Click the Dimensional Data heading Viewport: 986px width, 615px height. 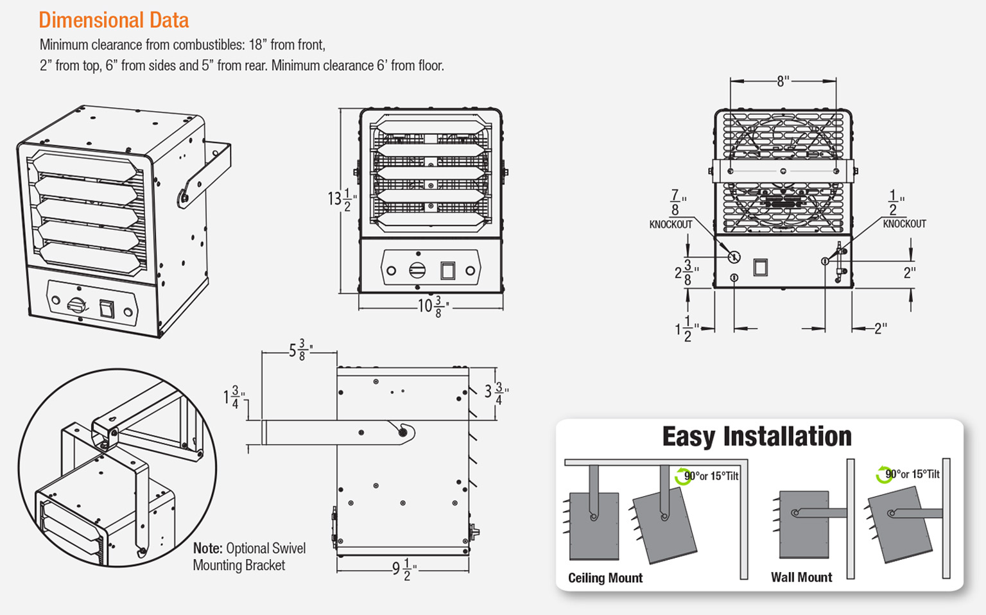tap(114, 21)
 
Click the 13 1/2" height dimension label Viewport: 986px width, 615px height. tap(340, 200)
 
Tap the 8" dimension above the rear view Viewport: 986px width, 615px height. tap(783, 82)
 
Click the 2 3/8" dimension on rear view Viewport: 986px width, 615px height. tap(685, 272)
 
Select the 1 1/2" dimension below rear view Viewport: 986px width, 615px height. tap(685, 329)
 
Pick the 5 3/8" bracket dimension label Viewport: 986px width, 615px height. tap(300, 351)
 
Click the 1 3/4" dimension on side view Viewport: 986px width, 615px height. tap(232, 397)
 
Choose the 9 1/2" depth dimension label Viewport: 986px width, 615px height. tap(404, 569)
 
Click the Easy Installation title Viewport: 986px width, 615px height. tap(757, 437)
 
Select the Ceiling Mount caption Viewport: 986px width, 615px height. tap(605, 578)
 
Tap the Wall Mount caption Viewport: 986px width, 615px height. tap(801, 577)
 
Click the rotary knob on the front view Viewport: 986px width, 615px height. tap(417, 270)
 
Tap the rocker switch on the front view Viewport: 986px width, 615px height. tap(447, 270)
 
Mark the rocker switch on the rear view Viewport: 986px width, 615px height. tap(760, 266)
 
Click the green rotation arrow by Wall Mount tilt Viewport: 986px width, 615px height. tap(883, 476)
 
